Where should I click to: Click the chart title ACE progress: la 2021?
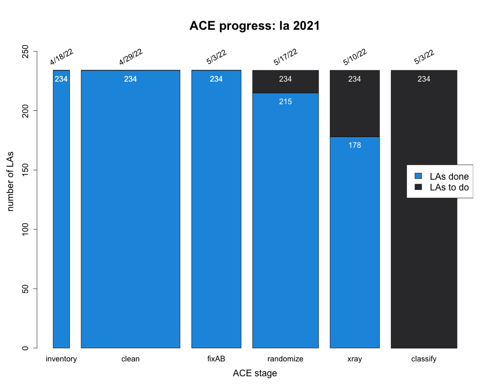click(x=255, y=26)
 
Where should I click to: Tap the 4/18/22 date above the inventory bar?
click(x=62, y=57)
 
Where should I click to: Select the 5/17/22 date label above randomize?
click(x=286, y=57)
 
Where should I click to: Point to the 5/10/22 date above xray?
click(x=355, y=57)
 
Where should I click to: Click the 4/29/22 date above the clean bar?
click(x=131, y=57)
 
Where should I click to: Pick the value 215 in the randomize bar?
click(x=286, y=102)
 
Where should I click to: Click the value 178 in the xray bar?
click(x=354, y=145)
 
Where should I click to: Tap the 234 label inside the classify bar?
click(x=424, y=79)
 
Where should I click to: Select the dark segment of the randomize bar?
click(x=286, y=82)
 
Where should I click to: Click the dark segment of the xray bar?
click(x=354, y=104)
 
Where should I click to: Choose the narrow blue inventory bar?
click(x=61, y=209)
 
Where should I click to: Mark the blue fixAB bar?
click(x=216, y=209)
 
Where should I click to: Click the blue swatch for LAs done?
click(x=418, y=176)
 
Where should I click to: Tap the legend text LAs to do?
click(x=449, y=187)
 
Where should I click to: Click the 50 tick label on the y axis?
click(x=26, y=288)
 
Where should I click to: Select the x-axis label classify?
click(x=424, y=359)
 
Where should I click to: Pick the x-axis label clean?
click(x=130, y=359)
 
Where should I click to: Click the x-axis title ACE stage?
click(x=255, y=373)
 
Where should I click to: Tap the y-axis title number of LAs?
click(x=10, y=181)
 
